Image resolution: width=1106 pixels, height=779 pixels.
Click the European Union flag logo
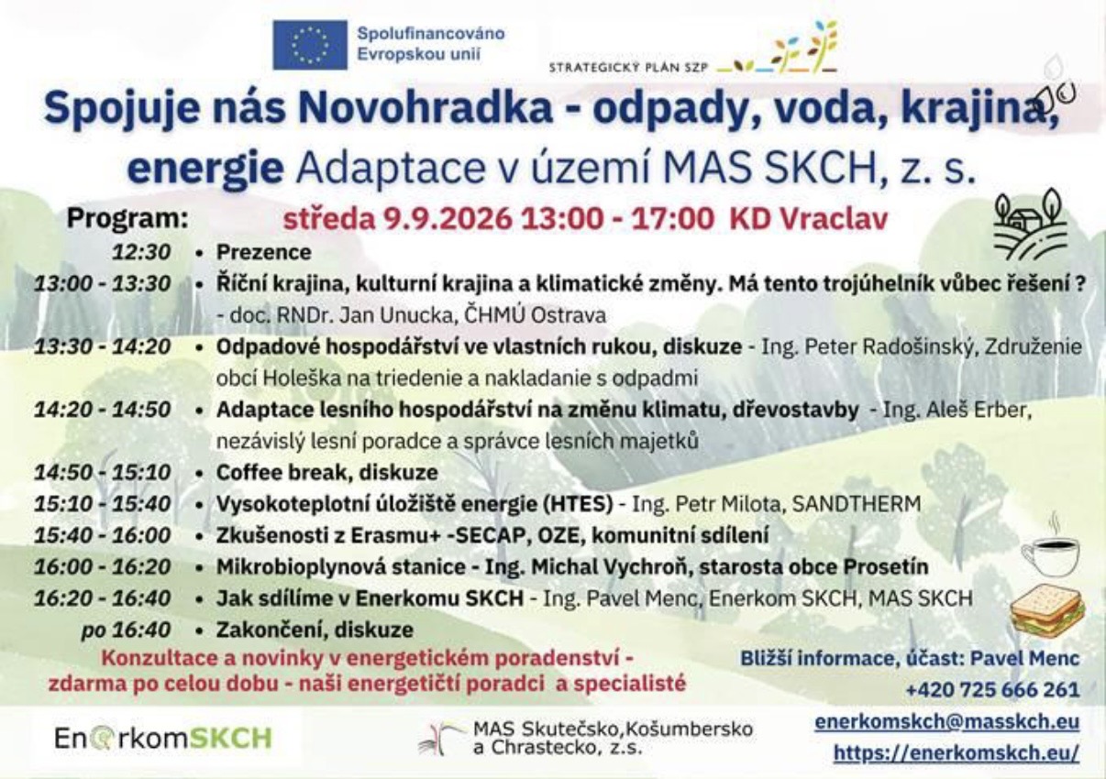point(310,45)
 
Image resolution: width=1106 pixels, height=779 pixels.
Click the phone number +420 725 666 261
point(993,689)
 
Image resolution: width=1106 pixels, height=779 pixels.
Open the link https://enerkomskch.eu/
point(957,752)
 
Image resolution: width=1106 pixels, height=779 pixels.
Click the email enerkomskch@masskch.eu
point(947,721)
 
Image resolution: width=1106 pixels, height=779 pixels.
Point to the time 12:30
point(141,252)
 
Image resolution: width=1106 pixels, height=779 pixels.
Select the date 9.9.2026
point(448,218)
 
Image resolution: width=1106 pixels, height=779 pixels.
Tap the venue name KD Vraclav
point(808,218)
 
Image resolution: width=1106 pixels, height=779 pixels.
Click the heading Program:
point(127,218)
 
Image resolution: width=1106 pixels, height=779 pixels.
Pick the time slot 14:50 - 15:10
point(102,473)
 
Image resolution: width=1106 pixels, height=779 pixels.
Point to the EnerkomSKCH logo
point(163,739)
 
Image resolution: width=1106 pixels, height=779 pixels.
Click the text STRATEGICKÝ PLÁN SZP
point(628,68)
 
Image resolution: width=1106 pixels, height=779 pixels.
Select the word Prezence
point(264,252)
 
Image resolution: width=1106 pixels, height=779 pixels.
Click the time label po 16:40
point(127,630)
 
